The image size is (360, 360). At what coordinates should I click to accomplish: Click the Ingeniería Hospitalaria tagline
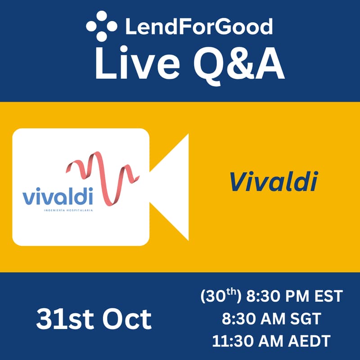(67, 210)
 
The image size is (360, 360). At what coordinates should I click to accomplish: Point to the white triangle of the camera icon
(173, 187)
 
